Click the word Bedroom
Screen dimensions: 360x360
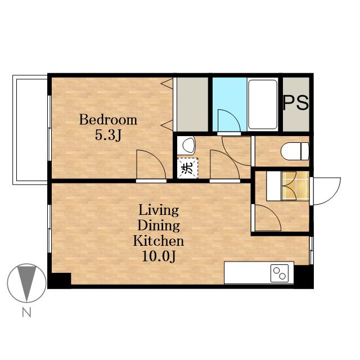tap(108, 120)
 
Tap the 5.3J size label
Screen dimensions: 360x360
tap(108, 136)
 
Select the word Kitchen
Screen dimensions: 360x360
tap(159, 241)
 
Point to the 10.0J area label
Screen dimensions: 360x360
tap(159, 256)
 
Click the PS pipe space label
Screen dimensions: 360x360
tap(296, 103)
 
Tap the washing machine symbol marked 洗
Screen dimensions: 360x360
tap(187, 168)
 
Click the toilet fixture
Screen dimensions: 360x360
tap(295, 151)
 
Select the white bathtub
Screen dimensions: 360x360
tap(263, 105)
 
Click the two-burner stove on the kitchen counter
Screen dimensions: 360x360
tap(280, 273)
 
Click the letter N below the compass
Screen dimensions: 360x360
tap(26, 312)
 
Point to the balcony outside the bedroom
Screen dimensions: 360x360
tap(30, 130)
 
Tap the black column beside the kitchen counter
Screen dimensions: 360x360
tap(304, 276)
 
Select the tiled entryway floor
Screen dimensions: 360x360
tap(295, 186)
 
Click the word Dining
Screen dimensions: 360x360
tap(159, 226)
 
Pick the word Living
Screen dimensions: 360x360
tap(159, 211)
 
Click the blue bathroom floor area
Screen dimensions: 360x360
tap(229, 105)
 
